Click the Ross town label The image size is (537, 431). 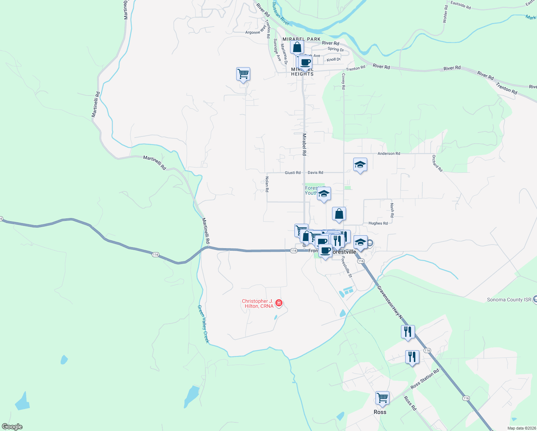[x=380, y=412]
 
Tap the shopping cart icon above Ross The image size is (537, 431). [x=382, y=398]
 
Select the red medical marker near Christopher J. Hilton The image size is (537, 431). [x=279, y=303]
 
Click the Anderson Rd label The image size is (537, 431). [x=388, y=153]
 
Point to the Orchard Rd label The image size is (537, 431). [x=437, y=163]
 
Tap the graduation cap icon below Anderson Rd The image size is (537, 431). [x=360, y=165]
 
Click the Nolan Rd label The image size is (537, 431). [x=267, y=184]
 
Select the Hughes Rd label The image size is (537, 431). [x=378, y=223]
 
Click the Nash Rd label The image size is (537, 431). [x=392, y=210]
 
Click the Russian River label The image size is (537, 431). [x=280, y=14]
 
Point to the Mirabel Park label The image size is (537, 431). [x=301, y=39]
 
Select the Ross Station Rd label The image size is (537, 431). [x=425, y=379]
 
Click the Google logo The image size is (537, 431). [x=12, y=426]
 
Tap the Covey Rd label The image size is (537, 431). [x=344, y=82]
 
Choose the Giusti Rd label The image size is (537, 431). [x=293, y=173]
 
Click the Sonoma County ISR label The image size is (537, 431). [x=509, y=300]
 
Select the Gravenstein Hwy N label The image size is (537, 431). [x=390, y=302]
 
